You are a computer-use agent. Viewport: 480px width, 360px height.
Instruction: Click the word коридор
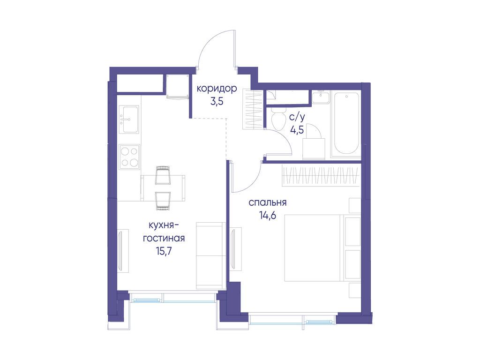point(217,89)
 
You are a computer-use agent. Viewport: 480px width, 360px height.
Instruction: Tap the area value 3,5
point(217,101)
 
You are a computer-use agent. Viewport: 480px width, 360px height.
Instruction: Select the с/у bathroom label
point(297,118)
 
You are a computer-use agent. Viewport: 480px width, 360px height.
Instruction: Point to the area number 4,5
point(297,130)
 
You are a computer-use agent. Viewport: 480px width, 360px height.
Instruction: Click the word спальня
point(268,203)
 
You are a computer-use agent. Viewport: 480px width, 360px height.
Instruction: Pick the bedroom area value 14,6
point(268,216)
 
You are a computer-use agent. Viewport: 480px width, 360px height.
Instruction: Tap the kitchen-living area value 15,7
point(164,251)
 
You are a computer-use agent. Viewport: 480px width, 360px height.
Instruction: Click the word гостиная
point(164,238)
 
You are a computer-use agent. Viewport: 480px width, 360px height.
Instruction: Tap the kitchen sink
point(129,119)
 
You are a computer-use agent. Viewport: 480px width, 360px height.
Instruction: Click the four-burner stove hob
point(129,157)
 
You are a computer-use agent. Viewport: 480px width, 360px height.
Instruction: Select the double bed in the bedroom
point(312,248)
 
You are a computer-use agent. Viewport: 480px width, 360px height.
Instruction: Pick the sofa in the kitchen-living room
point(211,255)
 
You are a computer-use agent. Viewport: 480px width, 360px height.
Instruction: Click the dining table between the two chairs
point(163,187)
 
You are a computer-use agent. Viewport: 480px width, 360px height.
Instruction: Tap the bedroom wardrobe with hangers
point(320,176)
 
